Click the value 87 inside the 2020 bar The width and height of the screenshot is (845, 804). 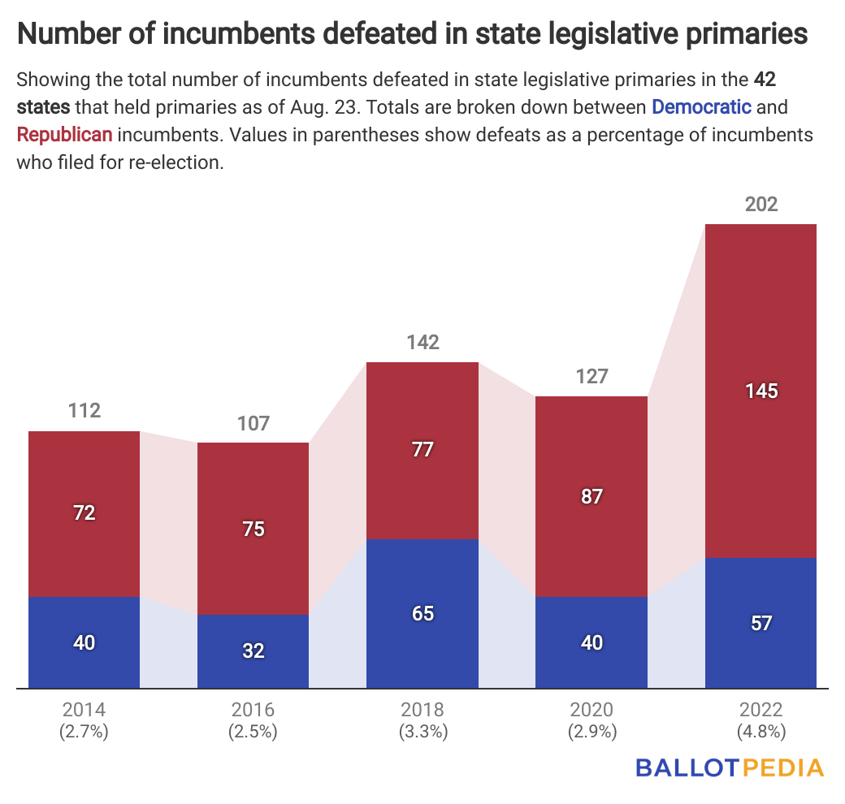click(x=592, y=496)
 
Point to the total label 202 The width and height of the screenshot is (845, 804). click(x=761, y=204)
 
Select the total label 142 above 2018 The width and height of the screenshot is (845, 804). click(x=422, y=342)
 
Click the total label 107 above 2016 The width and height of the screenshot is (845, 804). click(x=253, y=423)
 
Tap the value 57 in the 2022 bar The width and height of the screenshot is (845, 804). click(x=761, y=624)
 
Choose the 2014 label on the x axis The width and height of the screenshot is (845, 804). click(x=84, y=709)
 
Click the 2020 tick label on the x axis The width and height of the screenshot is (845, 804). click(x=592, y=709)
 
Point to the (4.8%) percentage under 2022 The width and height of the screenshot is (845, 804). click(x=761, y=731)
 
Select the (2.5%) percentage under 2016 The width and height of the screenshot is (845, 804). click(x=253, y=731)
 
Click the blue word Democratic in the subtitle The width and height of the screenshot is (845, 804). click(x=701, y=106)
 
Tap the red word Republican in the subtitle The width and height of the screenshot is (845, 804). click(x=64, y=134)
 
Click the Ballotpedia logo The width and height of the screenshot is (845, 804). click(x=729, y=767)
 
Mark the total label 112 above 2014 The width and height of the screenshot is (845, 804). click(x=84, y=411)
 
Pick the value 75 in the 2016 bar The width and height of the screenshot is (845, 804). click(x=253, y=529)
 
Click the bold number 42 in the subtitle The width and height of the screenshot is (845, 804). click(x=765, y=80)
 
